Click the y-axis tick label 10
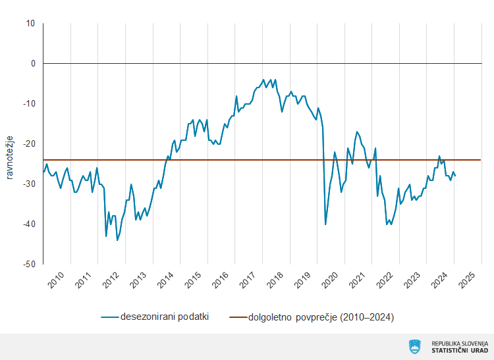pyautogui.click(x=30, y=24)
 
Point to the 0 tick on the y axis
pyautogui.click(x=32, y=64)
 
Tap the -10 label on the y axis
pyautogui.click(x=29, y=104)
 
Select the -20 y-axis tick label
pyautogui.click(x=29, y=144)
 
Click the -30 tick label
pyautogui.click(x=29, y=184)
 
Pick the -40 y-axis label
pyautogui.click(x=29, y=224)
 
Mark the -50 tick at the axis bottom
pyautogui.click(x=29, y=265)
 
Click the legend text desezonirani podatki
pyautogui.click(x=164, y=317)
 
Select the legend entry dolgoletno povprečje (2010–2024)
pyautogui.click(x=321, y=317)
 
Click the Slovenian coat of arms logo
pyautogui.click(x=415, y=346)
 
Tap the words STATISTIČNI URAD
pyautogui.click(x=460, y=350)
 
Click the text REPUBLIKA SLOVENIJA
pyautogui.click(x=460, y=343)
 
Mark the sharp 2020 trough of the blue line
pyautogui.click(x=325, y=224)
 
